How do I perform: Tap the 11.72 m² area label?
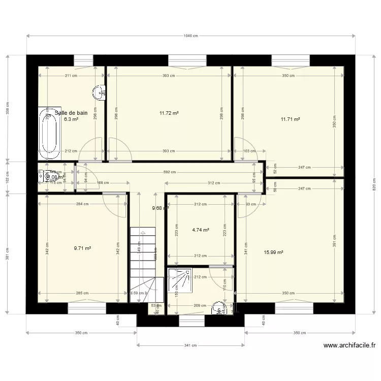(169, 113)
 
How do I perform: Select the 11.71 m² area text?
(290, 119)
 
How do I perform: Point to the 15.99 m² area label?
(273, 252)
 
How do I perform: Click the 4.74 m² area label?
(201, 230)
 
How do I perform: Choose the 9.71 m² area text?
(82, 248)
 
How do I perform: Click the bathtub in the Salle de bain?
(50, 132)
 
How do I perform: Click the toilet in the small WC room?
(49, 177)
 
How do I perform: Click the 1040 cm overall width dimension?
(190, 36)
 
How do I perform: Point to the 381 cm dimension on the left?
(7, 252)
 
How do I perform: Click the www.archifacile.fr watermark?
(350, 346)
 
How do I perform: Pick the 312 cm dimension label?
(214, 183)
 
